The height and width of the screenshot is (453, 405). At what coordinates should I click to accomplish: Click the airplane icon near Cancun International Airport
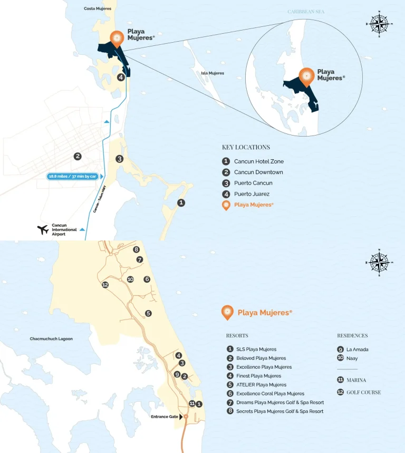pos(43,229)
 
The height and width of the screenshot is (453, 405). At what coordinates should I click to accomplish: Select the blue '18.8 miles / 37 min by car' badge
pos(72,176)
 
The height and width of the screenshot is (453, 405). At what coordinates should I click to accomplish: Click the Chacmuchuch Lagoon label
pos(51,339)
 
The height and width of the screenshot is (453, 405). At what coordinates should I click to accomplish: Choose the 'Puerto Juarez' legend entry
pos(252,194)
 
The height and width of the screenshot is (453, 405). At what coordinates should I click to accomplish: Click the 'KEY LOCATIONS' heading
pos(246,147)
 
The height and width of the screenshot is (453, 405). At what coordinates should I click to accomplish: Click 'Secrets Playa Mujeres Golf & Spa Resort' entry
pos(279,411)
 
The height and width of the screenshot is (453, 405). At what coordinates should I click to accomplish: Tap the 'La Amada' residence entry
pos(357,349)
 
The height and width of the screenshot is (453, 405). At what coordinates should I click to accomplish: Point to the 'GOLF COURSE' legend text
pos(363,392)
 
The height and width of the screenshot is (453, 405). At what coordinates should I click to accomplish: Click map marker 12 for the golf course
pos(105,285)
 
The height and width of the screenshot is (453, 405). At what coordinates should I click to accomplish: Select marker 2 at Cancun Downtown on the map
pos(78,156)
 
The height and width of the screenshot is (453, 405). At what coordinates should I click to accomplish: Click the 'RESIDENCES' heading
pos(352,335)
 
